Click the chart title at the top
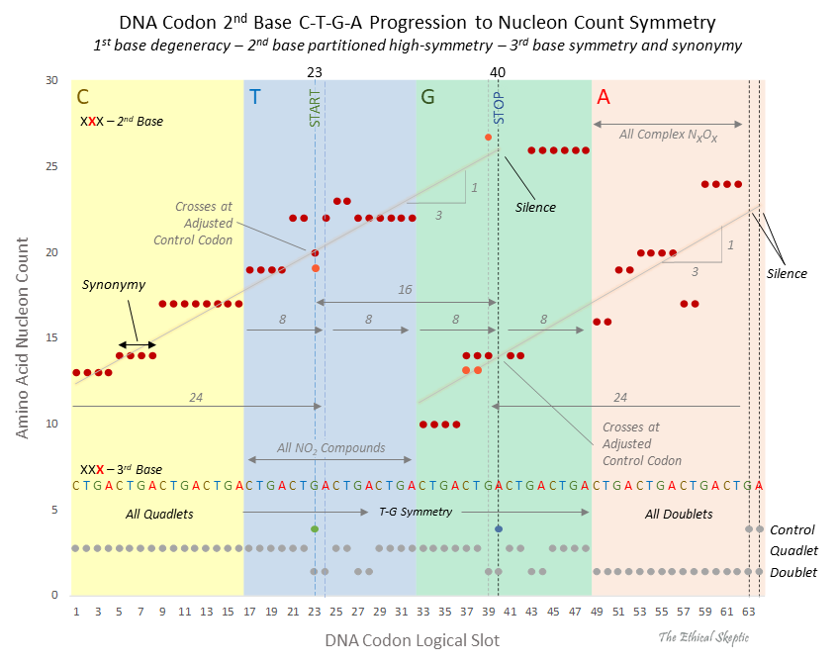coord(418,21)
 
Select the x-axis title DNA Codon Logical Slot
coord(412,640)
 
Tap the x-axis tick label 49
coord(597,613)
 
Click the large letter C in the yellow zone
coord(83,97)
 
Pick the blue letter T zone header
coord(255,97)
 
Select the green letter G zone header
coord(427,97)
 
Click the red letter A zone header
coord(604,97)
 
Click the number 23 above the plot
coord(315,72)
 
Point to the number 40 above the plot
coord(498,72)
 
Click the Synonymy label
coord(114,285)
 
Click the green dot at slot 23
coord(315,529)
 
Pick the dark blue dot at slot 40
coord(498,529)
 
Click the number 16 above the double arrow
coord(405,290)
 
